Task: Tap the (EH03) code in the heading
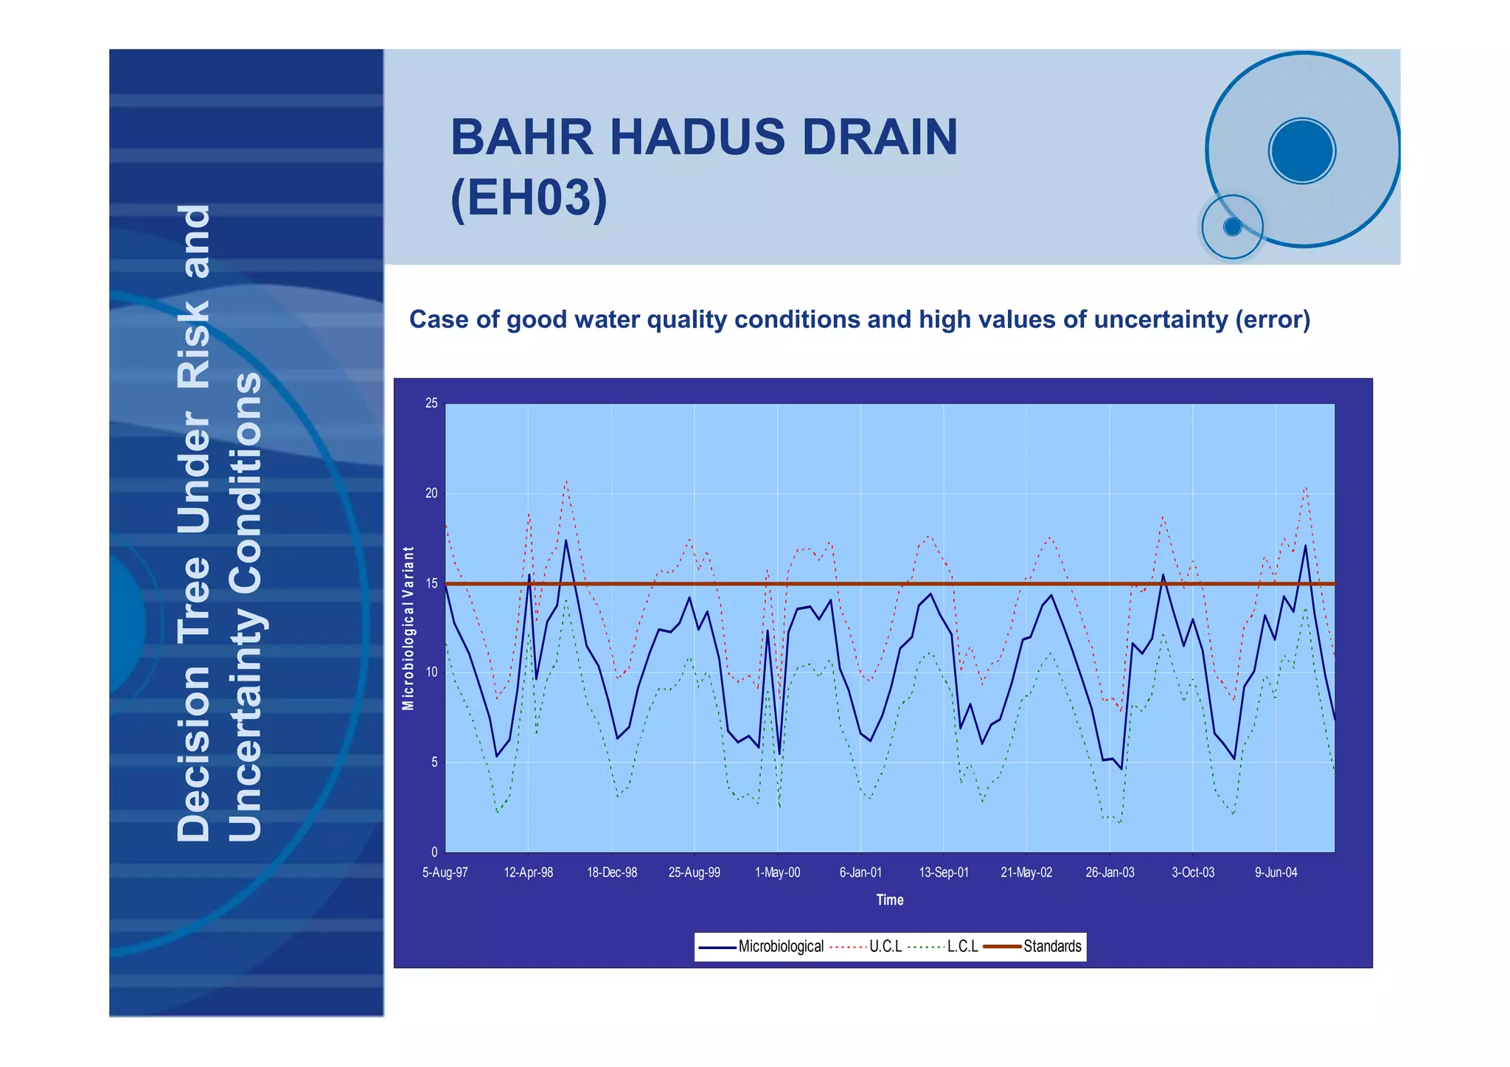coord(529,198)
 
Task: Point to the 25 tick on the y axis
coord(431,403)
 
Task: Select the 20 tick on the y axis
coord(431,493)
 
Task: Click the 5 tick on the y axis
coord(434,762)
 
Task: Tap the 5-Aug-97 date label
coord(445,873)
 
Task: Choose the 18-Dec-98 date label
coord(611,873)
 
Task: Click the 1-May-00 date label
coord(777,873)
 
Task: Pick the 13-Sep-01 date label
coord(943,873)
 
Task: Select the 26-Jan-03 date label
coord(1110,873)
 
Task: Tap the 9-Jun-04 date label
coord(1276,873)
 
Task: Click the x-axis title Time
coord(889,900)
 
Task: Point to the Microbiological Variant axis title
coord(408,628)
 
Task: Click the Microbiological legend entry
coord(780,947)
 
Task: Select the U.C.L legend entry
coord(885,947)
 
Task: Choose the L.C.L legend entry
coord(962,947)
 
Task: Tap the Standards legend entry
coord(1051,947)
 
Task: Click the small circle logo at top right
coord(1232,227)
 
